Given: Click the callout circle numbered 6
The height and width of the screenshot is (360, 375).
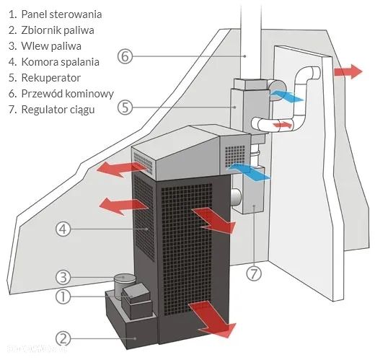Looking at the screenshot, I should [x=125, y=56].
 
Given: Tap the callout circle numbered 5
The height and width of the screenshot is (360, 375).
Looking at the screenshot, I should [x=125, y=107].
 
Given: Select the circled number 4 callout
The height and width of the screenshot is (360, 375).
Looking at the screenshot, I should [x=63, y=229].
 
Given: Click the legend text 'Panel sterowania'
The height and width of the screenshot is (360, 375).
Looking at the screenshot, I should [x=61, y=14].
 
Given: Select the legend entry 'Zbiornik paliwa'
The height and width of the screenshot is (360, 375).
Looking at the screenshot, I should [x=58, y=30].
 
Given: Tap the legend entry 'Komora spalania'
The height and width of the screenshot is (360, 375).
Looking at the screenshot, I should [x=61, y=62].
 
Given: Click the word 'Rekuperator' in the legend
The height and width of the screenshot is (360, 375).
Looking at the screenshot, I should [x=50, y=78].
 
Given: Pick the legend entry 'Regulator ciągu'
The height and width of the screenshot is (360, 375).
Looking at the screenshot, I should [x=57, y=110].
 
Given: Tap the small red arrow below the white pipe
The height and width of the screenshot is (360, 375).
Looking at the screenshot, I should [x=283, y=125].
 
